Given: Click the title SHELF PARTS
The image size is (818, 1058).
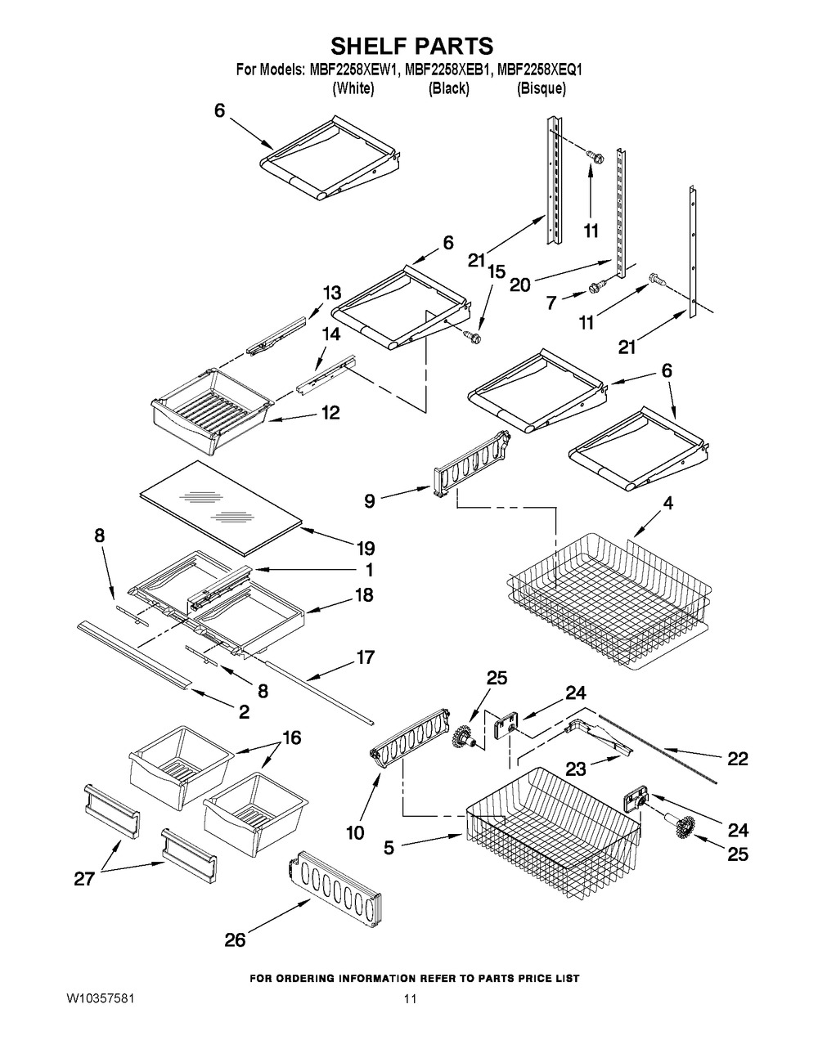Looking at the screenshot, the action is point(412,47).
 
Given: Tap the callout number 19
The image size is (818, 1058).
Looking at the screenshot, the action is point(366,549).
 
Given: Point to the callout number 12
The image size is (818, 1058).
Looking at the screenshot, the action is point(330,413).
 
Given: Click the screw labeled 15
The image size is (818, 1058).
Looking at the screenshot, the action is point(472,336).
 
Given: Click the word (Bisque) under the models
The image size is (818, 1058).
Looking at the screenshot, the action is point(541,89).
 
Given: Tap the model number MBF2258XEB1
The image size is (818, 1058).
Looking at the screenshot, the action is point(446,70).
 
